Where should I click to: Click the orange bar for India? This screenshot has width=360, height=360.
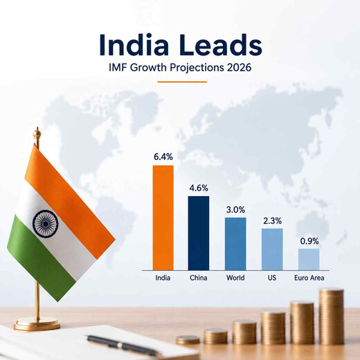click(x=163, y=217)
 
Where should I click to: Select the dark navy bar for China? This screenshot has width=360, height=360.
click(x=199, y=233)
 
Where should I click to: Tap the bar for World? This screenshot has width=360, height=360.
click(x=235, y=244)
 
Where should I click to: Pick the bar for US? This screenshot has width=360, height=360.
click(x=272, y=249)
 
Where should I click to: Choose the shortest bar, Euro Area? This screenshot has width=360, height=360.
click(x=309, y=260)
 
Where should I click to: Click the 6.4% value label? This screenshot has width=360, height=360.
click(x=163, y=157)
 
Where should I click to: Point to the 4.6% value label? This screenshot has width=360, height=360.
click(x=199, y=188)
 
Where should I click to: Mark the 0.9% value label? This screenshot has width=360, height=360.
click(x=309, y=241)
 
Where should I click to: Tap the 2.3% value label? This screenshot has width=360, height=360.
click(x=272, y=221)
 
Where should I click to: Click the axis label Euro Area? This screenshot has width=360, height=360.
click(x=309, y=278)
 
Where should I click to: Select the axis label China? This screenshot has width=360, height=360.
click(x=199, y=278)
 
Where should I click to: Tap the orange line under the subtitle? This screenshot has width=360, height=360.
click(x=182, y=82)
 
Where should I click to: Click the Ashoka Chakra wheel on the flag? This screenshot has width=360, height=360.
click(x=46, y=224)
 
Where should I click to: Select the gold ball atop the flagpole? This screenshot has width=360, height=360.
click(x=37, y=133)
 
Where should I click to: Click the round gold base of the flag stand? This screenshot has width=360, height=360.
click(x=37, y=323)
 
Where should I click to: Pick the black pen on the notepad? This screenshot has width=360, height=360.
click(x=123, y=345)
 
